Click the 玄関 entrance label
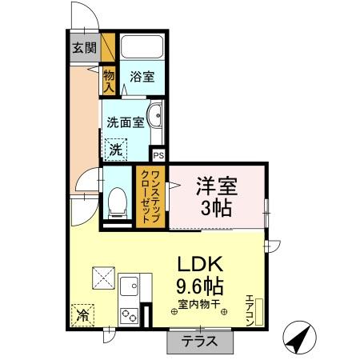tap(84, 47)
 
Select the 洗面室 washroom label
tap(126, 122)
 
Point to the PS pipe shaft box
tap(158, 155)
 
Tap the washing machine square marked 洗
tap(116, 148)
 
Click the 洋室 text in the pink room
tap(217, 187)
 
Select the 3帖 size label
tap(217, 210)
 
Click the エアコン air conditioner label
tap(250, 310)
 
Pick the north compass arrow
tap(298, 339)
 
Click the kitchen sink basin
tap(129, 283)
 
